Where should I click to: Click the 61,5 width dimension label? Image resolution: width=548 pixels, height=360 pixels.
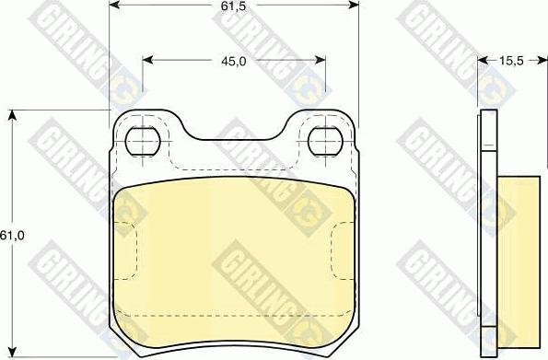[233, 6]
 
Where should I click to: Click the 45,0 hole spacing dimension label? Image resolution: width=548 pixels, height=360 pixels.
[233, 62]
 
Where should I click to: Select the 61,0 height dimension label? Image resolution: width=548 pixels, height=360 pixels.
[12, 236]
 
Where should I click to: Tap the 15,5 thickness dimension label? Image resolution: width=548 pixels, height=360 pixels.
[511, 61]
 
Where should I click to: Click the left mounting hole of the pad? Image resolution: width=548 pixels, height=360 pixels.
[143, 142]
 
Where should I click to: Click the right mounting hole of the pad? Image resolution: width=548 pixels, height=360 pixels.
[325, 141]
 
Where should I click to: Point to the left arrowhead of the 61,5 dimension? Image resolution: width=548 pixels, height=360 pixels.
[114, 5]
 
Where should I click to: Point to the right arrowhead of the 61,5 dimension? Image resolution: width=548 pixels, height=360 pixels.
[354, 5]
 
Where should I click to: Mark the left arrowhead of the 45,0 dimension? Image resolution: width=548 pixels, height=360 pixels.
[148, 60]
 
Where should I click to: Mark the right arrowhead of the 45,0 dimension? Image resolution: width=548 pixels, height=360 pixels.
[321, 60]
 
